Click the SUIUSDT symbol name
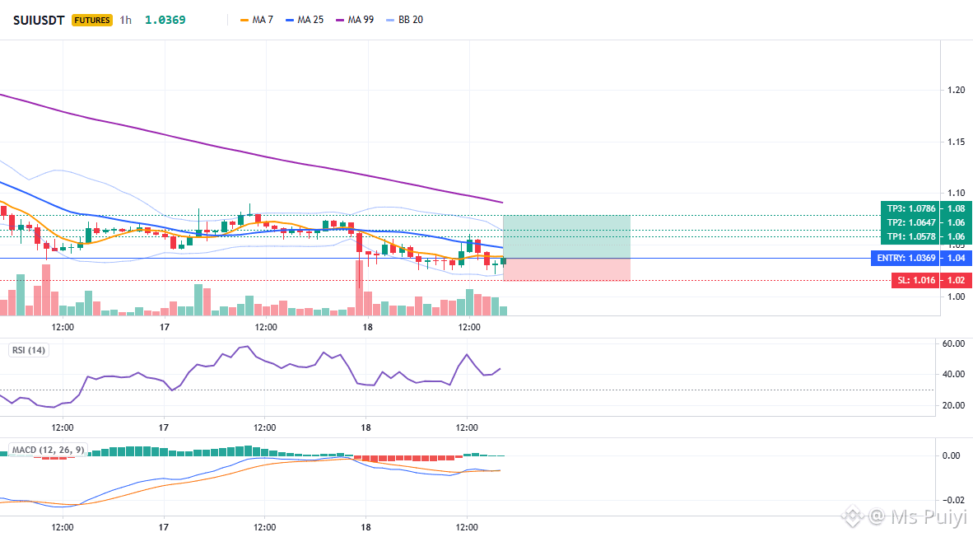[39, 20]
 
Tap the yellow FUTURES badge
[92, 20]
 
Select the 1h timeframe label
[125, 20]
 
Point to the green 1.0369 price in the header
[165, 20]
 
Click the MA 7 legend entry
[256, 20]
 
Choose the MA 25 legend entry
[304, 20]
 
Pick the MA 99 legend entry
[354, 20]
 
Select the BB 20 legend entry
[404, 20]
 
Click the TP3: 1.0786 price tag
[911, 208]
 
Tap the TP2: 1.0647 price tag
[911, 222]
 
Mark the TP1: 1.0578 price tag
[911, 236]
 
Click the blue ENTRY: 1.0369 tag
[906, 259]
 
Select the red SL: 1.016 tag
[916, 280]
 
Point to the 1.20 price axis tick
[957, 90]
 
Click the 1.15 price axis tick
[957, 142]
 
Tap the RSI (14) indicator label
[29, 350]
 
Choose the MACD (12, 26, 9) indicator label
[49, 450]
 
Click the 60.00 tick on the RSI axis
[953, 343]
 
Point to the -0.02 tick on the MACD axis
[952, 500]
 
